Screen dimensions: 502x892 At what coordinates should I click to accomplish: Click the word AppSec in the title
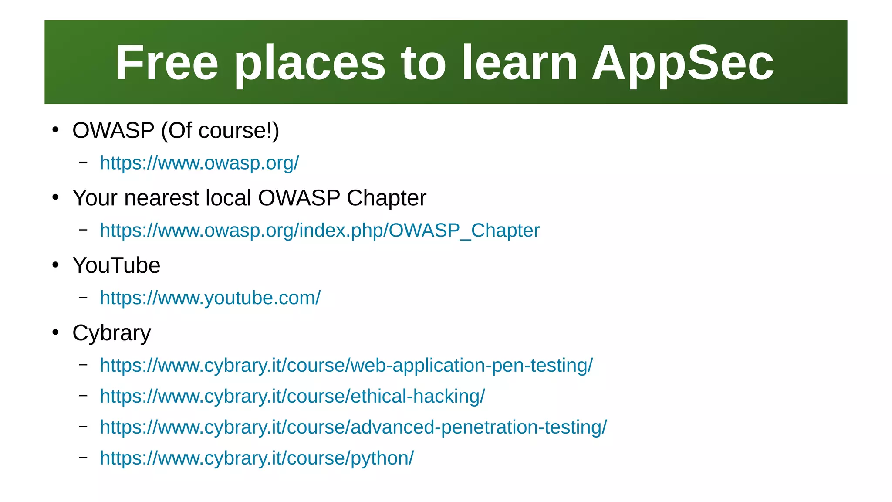683,63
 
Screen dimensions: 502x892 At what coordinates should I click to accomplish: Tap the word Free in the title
167,63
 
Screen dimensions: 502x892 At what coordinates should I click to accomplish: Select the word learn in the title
519,63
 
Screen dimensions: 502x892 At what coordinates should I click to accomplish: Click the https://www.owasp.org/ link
199,163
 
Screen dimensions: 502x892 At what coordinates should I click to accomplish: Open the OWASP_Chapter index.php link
319,231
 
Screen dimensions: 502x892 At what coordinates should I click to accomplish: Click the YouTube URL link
210,298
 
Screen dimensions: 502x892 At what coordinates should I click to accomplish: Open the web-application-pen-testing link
346,365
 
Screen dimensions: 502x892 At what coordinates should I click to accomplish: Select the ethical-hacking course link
292,397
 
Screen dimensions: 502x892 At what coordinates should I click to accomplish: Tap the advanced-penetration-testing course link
353,427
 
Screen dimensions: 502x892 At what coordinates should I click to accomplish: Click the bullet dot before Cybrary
55,332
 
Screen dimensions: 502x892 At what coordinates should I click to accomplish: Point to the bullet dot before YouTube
55,265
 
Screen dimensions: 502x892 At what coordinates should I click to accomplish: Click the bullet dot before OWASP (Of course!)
55,130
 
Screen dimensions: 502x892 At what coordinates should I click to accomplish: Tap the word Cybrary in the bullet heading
111,333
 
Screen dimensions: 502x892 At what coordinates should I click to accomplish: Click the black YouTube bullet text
116,265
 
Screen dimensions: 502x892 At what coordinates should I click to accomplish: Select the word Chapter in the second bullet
386,198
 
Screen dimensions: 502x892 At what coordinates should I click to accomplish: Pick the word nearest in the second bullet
162,198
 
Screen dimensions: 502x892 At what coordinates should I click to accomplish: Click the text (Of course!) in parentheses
220,131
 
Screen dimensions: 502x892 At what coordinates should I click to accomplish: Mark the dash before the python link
83,457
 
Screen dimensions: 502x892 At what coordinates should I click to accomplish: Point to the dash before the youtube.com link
83,297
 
